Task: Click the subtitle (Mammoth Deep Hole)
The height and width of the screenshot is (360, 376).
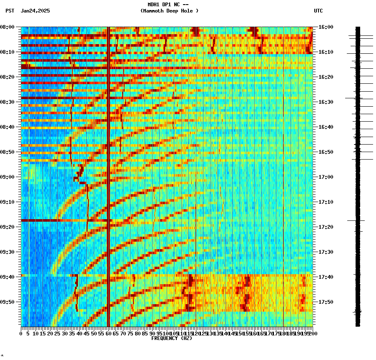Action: (x=169, y=11)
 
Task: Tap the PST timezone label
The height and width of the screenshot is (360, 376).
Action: (x=10, y=11)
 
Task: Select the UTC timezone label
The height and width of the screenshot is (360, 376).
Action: (x=318, y=11)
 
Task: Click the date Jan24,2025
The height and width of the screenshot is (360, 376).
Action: (x=35, y=11)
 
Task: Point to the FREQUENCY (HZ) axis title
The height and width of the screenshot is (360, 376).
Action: (x=171, y=338)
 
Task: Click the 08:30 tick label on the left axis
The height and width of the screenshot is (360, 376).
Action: (x=8, y=102)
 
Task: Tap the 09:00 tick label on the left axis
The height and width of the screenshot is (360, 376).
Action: (x=8, y=177)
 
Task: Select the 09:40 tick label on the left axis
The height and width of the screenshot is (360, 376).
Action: (x=8, y=277)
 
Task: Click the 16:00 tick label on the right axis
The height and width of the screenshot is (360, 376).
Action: (x=326, y=27)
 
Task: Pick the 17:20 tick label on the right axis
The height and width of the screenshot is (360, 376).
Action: (x=326, y=227)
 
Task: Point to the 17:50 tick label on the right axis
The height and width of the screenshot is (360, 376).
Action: (x=326, y=302)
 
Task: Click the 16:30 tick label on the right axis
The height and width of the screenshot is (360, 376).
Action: (x=326, y=102)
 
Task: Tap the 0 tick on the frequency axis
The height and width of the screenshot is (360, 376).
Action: (x=21, y=334)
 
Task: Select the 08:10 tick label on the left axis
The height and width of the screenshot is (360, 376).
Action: (x=8, y=52)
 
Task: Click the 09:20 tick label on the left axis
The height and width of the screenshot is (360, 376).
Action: (x=8, y=227)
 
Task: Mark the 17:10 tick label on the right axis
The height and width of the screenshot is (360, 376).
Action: (x=326, y=202)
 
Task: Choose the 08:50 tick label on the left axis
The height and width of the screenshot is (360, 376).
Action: (x=8, y=152)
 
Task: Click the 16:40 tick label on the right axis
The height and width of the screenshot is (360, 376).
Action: (x=326, y=127)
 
